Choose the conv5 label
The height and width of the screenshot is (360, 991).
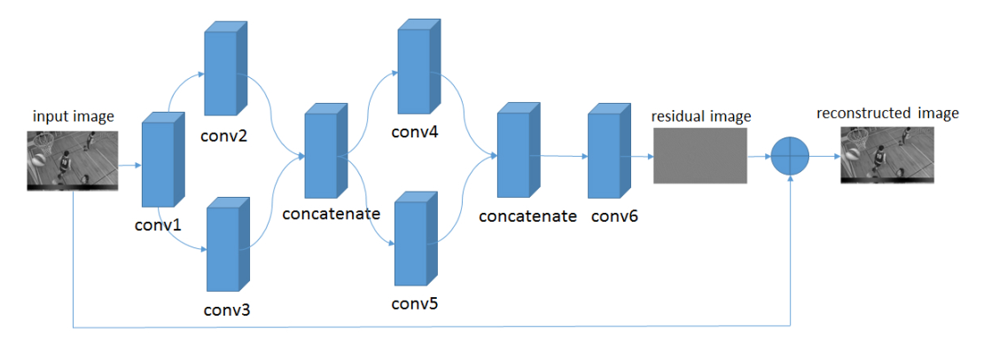point(415,305)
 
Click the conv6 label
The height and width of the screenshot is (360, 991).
point(609,216)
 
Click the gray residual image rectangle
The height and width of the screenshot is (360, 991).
point(700,155)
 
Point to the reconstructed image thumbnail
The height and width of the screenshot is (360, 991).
point(887,154)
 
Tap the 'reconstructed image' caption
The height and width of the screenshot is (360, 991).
point(887,113)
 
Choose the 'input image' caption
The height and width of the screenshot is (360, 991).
point(74,117)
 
